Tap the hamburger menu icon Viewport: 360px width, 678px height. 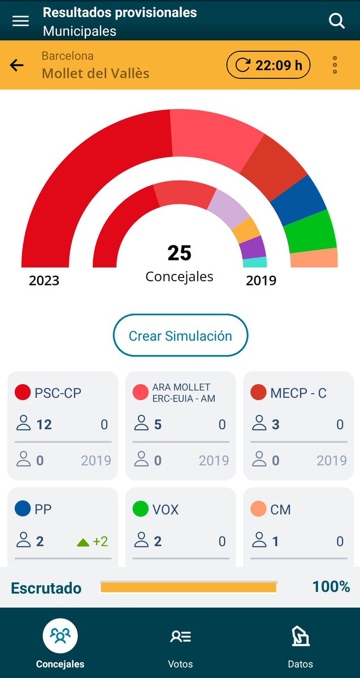click(x=21, y=21)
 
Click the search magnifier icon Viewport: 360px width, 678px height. click(x=337, y=21)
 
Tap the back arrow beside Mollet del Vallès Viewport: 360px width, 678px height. click(x=17, y=66)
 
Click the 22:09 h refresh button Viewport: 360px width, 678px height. click(x=268, y=66)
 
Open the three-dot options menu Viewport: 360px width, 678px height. click(x=335, y=66)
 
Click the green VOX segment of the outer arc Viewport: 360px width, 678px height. click(x=311, y=232)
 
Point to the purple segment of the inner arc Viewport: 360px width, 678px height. click(x=253, y=247)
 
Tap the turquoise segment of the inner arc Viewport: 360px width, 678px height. click(x=255, y=262)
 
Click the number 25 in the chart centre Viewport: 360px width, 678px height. click(x=179, y=253)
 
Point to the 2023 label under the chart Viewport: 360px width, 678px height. click(x=44, y=280)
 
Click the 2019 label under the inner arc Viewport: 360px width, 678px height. click(x=261, y=280)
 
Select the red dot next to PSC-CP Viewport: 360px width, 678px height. click(x=23, y=393)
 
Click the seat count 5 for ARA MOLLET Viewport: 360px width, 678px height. click(x=158, y=424)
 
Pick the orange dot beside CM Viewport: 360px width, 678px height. click(x=258, y=509)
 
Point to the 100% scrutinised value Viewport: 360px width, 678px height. click(x=331, y=586)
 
